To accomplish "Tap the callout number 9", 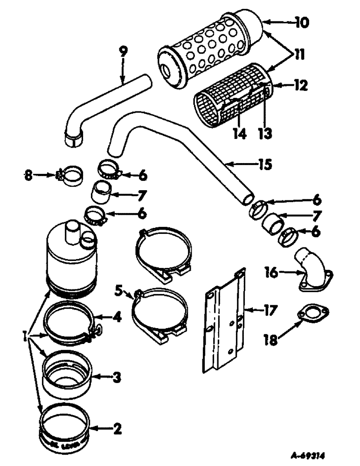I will [x=123, y=52].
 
